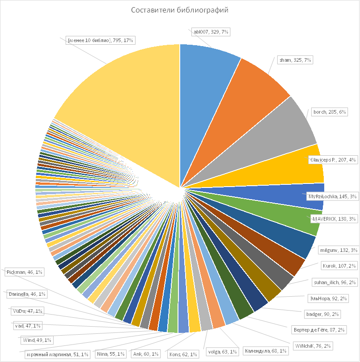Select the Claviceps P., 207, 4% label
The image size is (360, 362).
point(333,159)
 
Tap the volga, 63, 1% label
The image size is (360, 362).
point(221,351)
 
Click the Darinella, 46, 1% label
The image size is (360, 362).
point(26,294)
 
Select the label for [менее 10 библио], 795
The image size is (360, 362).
point(101,41)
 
